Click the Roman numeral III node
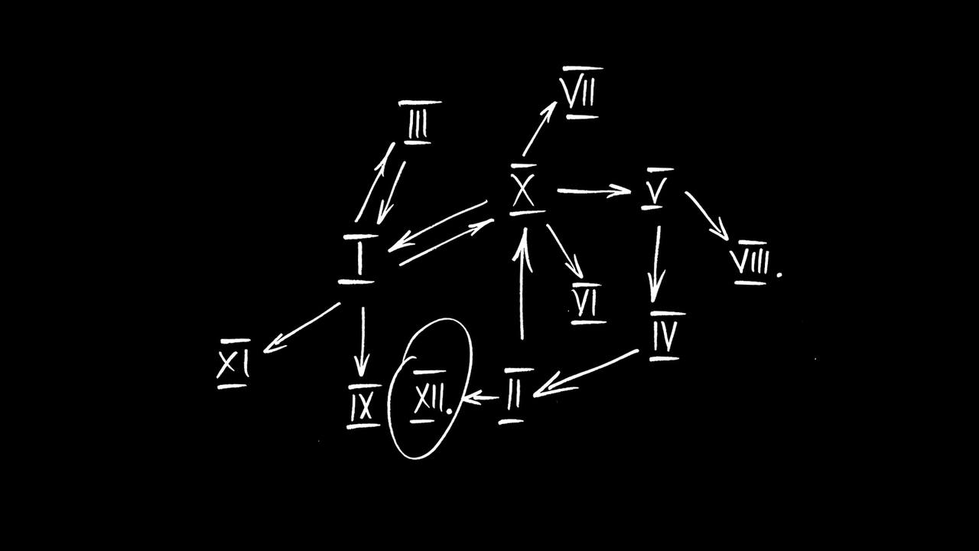[418, 123]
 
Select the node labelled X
[524, 190]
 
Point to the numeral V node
[654, 189]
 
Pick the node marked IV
[665, 335]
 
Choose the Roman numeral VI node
[587, 303]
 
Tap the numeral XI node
[233, 364]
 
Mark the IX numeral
[362, 406]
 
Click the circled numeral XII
[429, 398]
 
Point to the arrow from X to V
[593, 191]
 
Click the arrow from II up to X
[522, 283]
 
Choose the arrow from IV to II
[585, 373]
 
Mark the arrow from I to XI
[301, 328]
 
